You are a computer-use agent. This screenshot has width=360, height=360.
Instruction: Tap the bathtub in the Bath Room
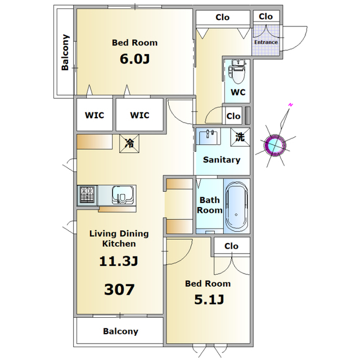pyautogui.click(x=236, y=206)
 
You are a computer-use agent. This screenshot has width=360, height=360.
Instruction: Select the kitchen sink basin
pyautogui.click(x=123, y=195)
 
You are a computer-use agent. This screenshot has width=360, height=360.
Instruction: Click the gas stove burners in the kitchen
pyautogui.click(x=87, y=195)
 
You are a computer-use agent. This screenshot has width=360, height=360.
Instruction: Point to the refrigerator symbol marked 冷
pyautogui.click(x=129, y=143)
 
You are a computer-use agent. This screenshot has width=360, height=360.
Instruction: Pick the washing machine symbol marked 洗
pyautogui.click(x=240, y=137)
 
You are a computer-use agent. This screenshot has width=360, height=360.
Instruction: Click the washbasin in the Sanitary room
pyautogui.click(x=209, y=137)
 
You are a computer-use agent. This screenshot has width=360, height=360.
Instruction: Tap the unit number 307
pyautogui.click(x=119, y=289)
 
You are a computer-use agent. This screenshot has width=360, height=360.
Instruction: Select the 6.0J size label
pyautogui.click(x=135, y=58)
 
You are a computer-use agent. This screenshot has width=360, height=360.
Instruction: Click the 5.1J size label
pyautogui.click(x=209, y=299)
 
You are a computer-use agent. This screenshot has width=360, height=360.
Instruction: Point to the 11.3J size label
pyautogui.click(x=119, y=261)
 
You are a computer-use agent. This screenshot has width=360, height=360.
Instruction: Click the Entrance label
pyautogui.click(x=266, y=42)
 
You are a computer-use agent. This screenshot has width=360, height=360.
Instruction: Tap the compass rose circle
pyautogui.click(x=275, y=145)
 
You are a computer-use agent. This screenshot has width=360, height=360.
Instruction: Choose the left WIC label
pyautogui.click(x=94, y=115)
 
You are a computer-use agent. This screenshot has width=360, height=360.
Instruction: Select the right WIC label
pyautogui.click(x=139, y=115)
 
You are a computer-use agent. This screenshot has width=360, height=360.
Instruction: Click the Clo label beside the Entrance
pyautogui.click(x=265, y=16)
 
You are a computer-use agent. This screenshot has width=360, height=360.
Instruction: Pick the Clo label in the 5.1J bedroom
pyautogui.click(x=231, y=246)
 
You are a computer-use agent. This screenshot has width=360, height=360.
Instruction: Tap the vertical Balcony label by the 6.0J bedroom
pyautogui.click(x=65, y=52)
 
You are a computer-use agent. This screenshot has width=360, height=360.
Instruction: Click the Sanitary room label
pyautogui.click(x=222, y=160)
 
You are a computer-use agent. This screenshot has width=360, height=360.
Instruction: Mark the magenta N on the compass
pyautogui.click(x=291, y=105)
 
